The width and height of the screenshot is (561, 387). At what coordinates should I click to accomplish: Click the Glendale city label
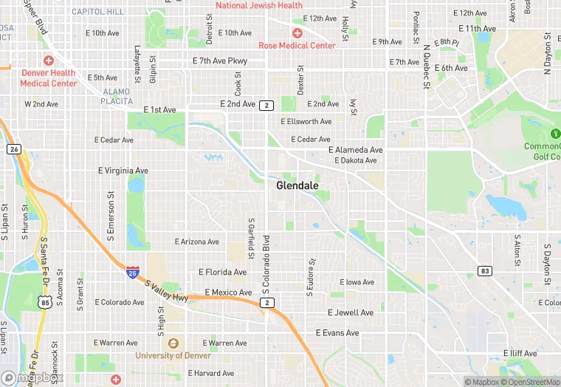pyautogui.click(x=297, y=185)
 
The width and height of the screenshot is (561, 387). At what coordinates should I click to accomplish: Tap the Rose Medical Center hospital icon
pyautogui.click(x=297, y=33)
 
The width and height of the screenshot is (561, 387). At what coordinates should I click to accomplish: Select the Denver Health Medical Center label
pyautogui.click(x=49, y=78)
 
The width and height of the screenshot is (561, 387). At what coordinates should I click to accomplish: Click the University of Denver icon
pyautogui.click(x=173, y=343)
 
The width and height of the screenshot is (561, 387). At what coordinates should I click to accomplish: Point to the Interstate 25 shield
pyautogui.click(x=132, y=273)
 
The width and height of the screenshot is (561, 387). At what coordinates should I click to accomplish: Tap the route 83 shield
pyautogui.click(x=484, y=271)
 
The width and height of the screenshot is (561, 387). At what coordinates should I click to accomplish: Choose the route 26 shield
pyautogui.click(x=14, y=149)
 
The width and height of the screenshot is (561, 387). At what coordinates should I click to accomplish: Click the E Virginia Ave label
pyautogui.click(x=123, y=171)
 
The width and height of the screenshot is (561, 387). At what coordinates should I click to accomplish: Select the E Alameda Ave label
pyautogui.click(x=356, y=150)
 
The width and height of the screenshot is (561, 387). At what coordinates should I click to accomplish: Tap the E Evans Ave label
pyautogui.click(x=337, y=333)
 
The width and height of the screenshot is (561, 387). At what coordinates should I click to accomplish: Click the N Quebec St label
pyautogui.click(x=426, y=67)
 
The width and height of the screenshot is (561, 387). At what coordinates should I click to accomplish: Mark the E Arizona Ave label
pyautogui.click(x=197, y=242)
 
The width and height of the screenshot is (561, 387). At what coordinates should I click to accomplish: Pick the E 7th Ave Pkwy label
pyautogui.click(x=220, y=61)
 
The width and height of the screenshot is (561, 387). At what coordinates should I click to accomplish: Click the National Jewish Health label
pyautogui.click(x=259, y=5)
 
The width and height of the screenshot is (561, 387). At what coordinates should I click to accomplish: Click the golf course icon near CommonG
pyautogui.click(x=555, y=134)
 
